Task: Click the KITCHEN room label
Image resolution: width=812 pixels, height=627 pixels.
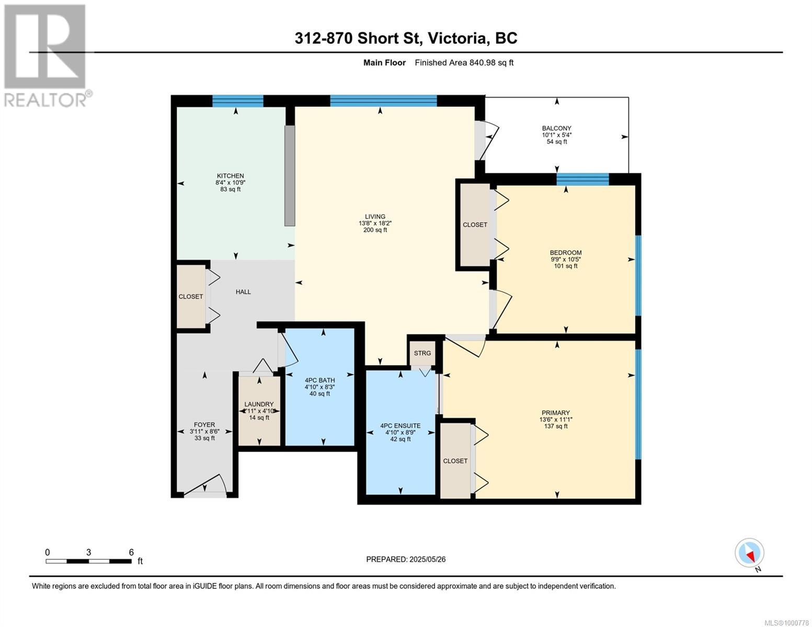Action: tap(231, 176)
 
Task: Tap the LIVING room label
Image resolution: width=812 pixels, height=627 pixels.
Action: tap(375, 217)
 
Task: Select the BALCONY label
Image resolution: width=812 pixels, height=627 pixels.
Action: tap(556, 129)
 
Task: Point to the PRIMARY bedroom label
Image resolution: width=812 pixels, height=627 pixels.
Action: tap(556, 413)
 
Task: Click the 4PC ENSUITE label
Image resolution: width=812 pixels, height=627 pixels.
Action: tap(400, 426)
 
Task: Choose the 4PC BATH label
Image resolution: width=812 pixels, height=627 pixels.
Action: tap(319, 380)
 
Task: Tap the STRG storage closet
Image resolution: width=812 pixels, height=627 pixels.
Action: tap(422, 354)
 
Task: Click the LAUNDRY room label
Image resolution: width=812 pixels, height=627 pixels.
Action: tap(259, 404)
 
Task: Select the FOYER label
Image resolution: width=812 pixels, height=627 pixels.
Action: tap(204, 425)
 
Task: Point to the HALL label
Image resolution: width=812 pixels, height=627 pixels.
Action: tap(243, 292)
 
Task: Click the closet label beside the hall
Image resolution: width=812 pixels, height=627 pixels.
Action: tap(191, 297)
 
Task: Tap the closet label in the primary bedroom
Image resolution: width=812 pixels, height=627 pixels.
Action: tap(455, 461)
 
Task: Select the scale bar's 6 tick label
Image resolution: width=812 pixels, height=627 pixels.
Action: tap(131, 552)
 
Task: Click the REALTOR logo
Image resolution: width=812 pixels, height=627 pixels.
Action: tap(46, 55)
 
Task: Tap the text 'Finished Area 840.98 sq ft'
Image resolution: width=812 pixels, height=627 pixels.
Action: tap(464, 63)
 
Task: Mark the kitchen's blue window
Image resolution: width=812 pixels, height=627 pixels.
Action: tap(237, 101)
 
